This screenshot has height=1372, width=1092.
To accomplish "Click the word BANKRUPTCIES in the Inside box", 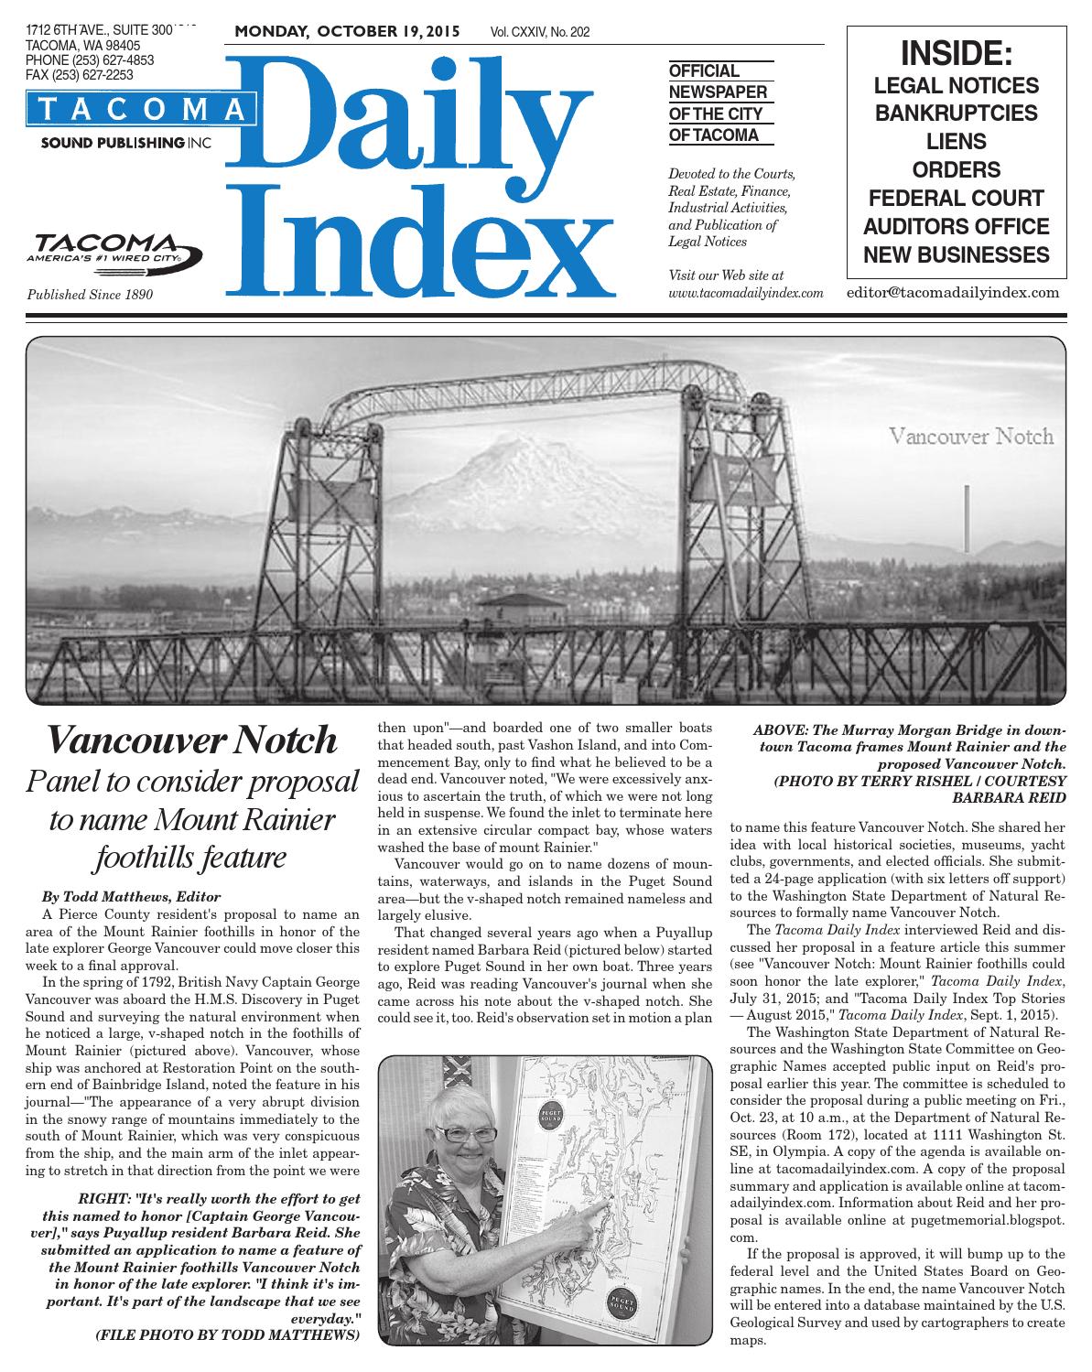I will coord(957,113).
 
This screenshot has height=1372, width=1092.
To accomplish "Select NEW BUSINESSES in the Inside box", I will coord(957,254).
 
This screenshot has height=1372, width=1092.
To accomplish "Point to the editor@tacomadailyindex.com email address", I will coord(953,293).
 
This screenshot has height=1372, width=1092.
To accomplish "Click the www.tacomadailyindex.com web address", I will coord(746,293).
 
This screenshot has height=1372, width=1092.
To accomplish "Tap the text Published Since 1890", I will coord(90,295).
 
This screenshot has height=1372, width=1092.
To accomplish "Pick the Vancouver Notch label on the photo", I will coord(971,436).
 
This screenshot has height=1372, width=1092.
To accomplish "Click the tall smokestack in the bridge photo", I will coord(967,517).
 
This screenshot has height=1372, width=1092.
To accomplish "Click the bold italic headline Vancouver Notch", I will coord(193,740).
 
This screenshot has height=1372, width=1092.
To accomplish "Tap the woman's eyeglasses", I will coord(468,1133).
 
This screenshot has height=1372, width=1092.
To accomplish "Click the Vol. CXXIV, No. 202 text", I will coord(540,33).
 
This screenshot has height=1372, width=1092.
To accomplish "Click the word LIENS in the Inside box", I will coord(957,142).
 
